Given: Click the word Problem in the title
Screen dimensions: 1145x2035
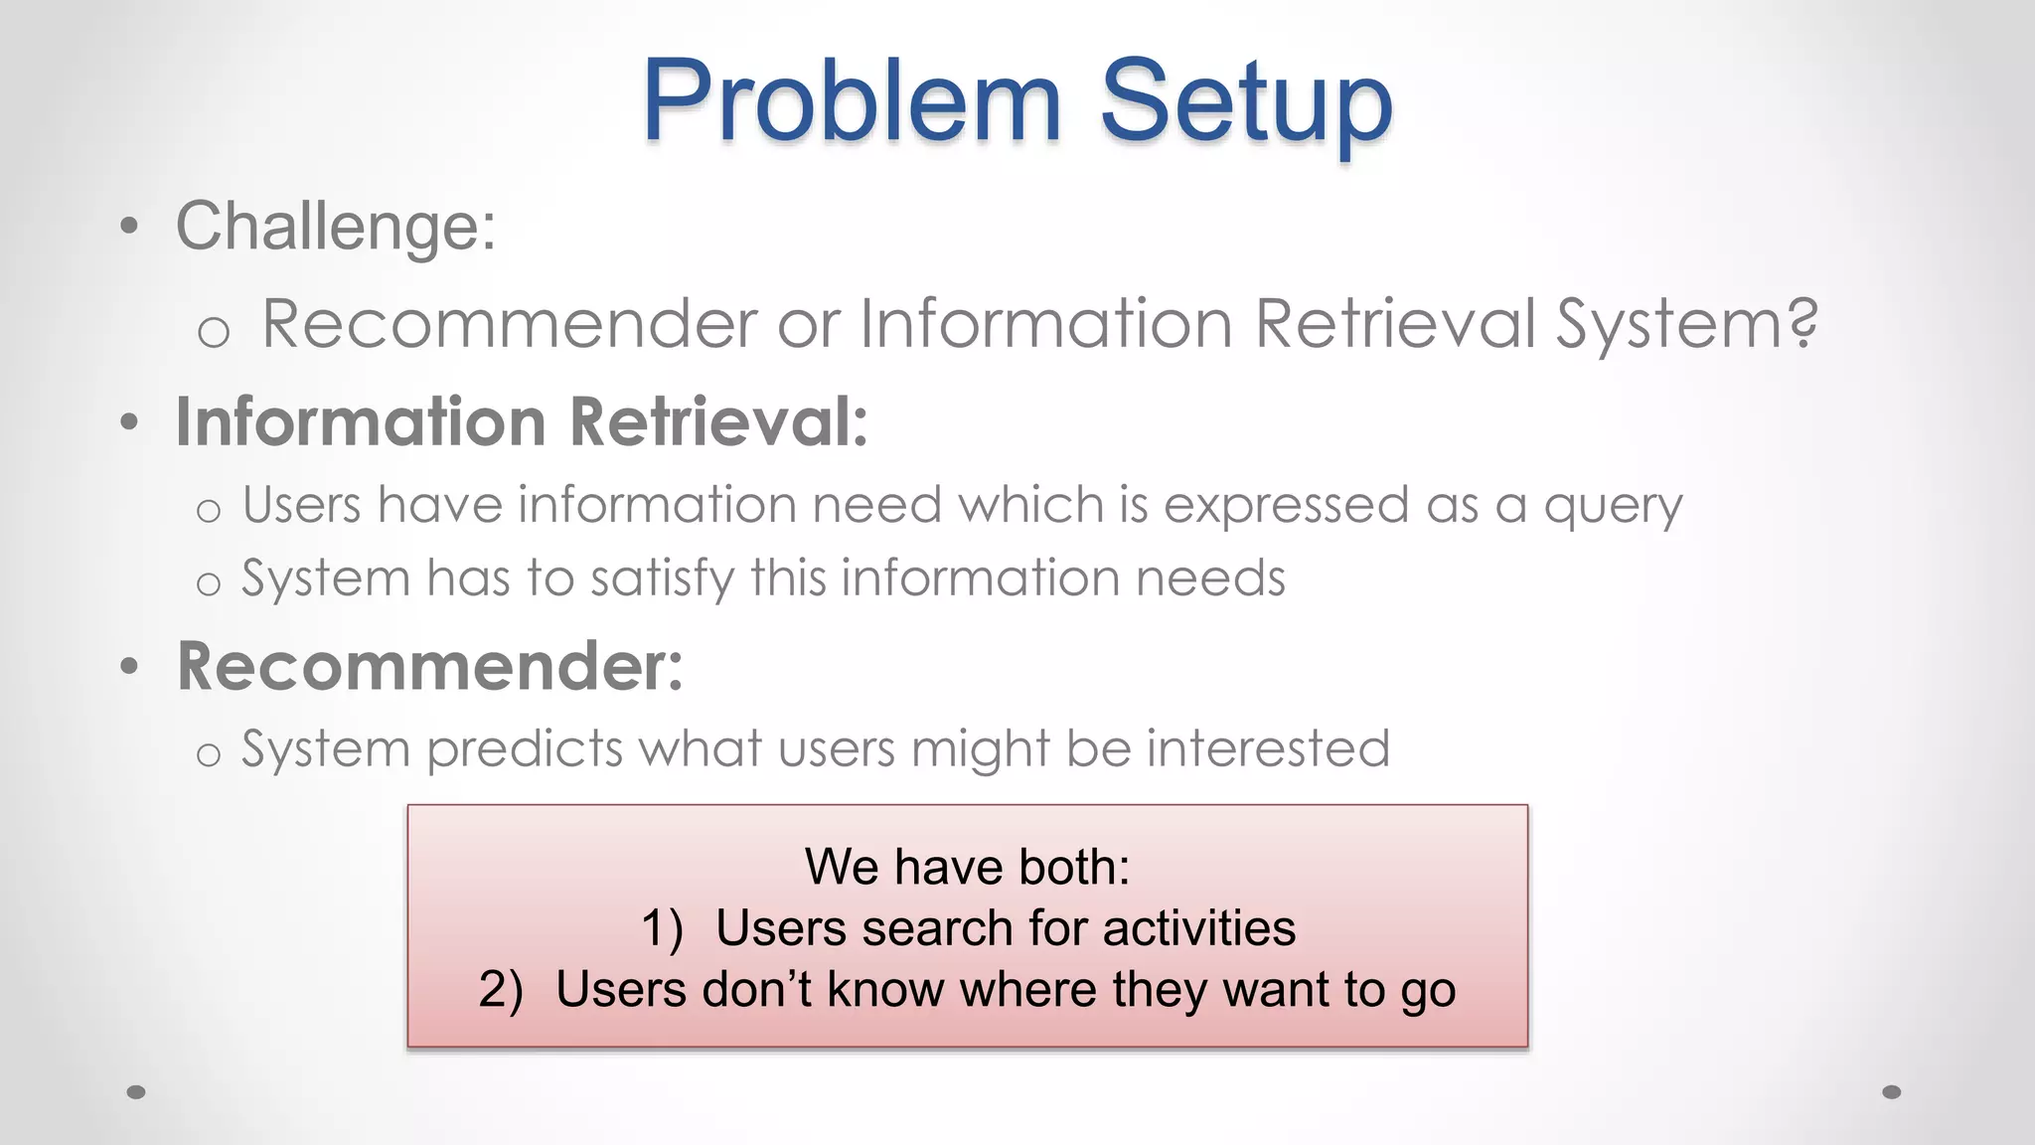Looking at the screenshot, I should pos(852,101).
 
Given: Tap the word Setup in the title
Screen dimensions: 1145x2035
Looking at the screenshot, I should pos(1246,101).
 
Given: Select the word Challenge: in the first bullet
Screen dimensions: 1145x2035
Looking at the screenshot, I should pos(336,227).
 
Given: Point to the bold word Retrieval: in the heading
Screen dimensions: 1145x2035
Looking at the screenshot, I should pos(719,421).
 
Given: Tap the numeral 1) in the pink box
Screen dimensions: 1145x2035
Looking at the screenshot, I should pos(662,929).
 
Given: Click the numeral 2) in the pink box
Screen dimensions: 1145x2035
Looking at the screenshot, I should pos(501,991).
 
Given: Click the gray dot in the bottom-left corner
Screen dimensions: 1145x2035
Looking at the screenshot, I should pos(137,1092).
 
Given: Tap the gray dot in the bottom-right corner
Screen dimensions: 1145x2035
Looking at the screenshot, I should pos(1892,1092).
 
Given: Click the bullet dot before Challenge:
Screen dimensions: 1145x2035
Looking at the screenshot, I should pos(128,228).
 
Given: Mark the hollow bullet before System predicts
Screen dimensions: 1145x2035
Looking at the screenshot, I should pos(208,754).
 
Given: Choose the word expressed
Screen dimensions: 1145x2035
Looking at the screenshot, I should pos(1286,505).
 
